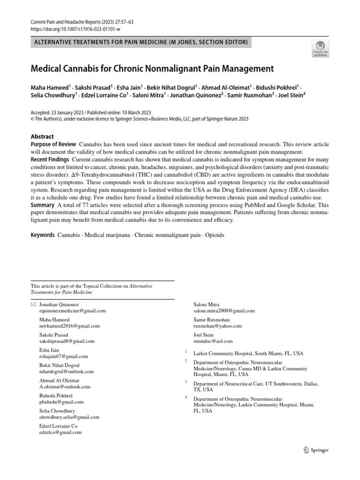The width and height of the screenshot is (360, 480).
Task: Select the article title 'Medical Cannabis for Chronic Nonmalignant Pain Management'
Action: [151, 69]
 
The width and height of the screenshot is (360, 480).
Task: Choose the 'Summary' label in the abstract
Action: [42, 205]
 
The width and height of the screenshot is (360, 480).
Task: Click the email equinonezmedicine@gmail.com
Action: [72, 311]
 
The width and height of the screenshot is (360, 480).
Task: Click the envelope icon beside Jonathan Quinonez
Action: [33, 305]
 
